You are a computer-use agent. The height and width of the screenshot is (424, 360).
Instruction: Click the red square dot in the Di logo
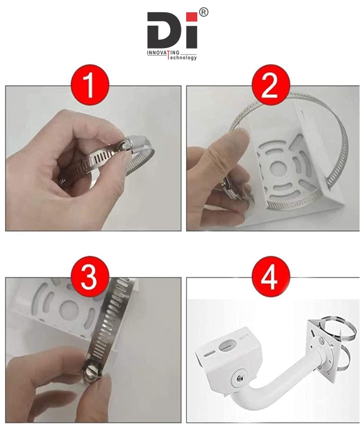193,16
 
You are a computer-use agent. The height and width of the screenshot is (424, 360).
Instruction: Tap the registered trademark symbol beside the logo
204,12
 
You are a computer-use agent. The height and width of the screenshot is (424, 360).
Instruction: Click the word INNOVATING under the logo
163,53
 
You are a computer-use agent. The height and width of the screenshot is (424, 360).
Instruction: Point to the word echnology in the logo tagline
184,57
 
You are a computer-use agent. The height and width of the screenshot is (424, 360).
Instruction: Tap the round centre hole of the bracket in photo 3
68,309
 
